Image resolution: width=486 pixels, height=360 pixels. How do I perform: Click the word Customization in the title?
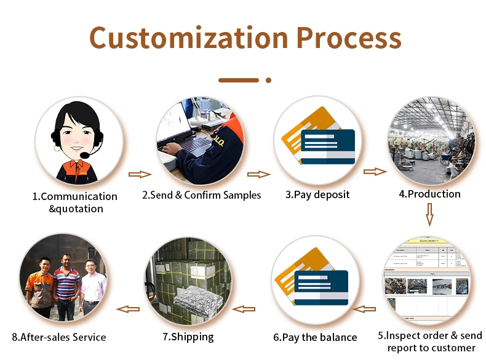tap(189, 38)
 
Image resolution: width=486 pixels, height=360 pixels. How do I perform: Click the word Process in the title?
tap(349, 38)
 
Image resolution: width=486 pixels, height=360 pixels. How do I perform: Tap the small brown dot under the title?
tap(268, 81)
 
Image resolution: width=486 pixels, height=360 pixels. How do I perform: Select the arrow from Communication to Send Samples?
tap(140, 174)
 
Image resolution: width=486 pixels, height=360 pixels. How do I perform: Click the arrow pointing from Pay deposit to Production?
tap(375, 172)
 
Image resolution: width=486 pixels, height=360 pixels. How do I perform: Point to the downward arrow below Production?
tap(429, 215)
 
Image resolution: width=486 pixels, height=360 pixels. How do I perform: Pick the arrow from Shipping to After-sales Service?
tap(128, 309)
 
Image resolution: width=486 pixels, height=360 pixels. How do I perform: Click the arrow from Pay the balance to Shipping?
tap(244, 309)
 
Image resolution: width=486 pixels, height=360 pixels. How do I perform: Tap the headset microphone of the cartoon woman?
tap(84, 154)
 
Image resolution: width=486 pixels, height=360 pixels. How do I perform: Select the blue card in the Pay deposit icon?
tap(328, 146)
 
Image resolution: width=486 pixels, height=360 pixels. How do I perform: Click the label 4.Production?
tap(429, 194)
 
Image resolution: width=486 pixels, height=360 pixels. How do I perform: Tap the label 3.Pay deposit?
tap(317, 194)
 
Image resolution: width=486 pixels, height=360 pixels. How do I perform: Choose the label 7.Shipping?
tap(188, 337)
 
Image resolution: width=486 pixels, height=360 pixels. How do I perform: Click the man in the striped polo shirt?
tap(66, 287)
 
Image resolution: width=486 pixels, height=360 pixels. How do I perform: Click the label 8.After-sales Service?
tap(59, 337)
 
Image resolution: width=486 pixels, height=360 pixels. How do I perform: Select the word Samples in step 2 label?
tap(242, 195)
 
